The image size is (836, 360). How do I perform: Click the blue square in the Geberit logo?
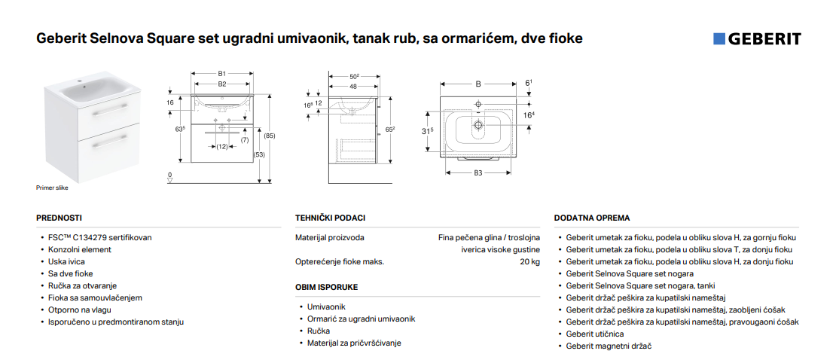(719, 39)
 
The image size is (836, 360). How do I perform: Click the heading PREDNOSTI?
(59, 218)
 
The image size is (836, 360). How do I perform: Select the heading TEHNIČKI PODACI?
(331, 218)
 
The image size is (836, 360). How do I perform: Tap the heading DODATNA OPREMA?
(592, 218)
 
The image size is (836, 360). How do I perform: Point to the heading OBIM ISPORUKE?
(327, 288)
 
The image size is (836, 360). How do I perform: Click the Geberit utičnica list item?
(595, 334)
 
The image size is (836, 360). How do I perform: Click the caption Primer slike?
(52, 188)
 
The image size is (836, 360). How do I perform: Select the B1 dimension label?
(222, 73)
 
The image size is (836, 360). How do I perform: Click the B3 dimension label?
(477, 172)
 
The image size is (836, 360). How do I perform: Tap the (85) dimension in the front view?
(271, 136)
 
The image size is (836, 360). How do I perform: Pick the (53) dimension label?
(260, 154)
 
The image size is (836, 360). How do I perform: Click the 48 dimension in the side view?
(353, 87)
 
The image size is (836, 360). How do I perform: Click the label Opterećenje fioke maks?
(340, 262)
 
